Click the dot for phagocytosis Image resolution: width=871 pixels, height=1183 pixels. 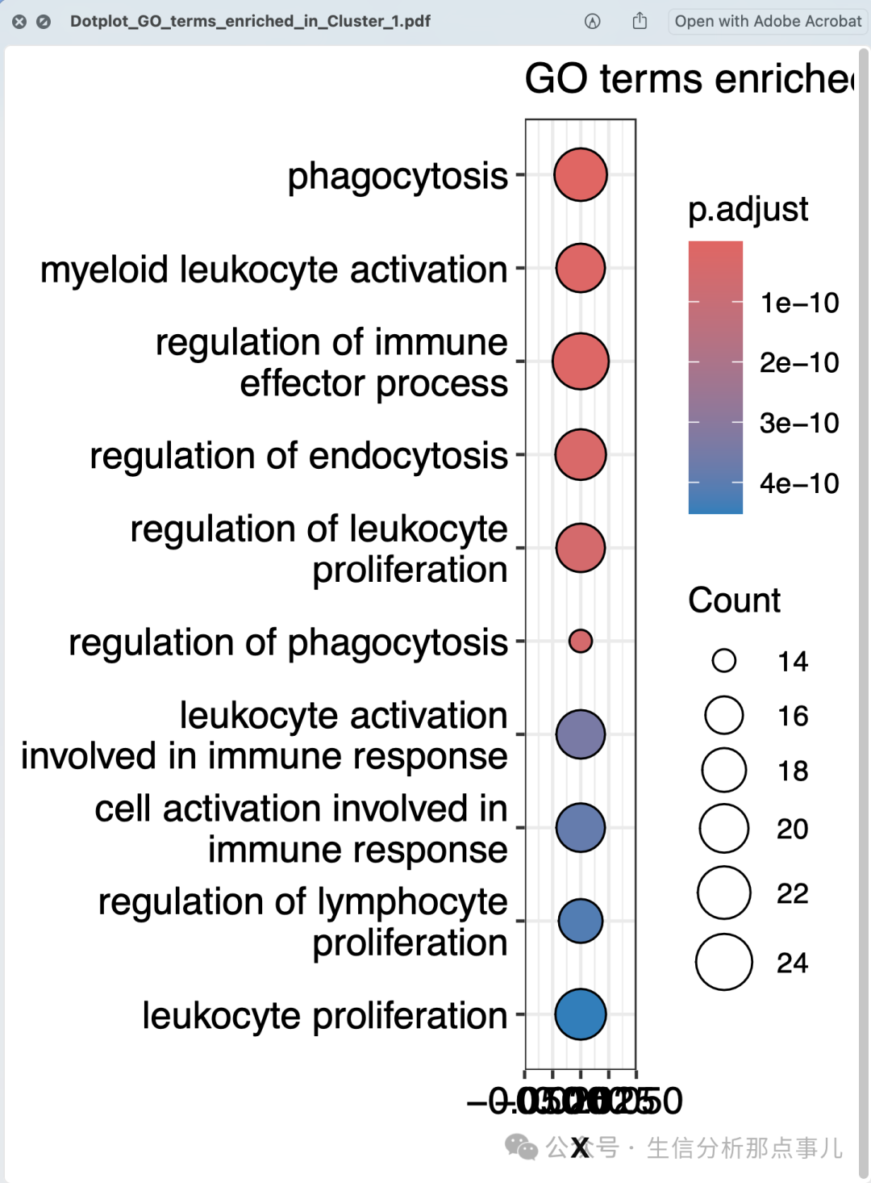[580, 174]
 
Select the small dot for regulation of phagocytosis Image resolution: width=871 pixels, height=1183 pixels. [580, 641]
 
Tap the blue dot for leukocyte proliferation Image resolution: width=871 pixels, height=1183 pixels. [580, 1014]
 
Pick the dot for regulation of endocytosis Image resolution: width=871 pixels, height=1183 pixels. [580, 454]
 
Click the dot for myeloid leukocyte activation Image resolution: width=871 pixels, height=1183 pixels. [580, 268]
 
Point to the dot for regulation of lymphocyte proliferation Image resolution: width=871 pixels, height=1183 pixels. [580, 921]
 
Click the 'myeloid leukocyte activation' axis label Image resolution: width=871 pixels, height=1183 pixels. [274, 270]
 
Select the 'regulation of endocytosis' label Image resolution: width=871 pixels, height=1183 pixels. [298, 456]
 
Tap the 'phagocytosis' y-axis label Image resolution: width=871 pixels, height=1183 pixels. [398, 176]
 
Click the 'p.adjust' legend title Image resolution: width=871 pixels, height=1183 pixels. [748, 209]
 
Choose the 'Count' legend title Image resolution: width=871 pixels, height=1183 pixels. [734, 600]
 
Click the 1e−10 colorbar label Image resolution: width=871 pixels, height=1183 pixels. [799, 303]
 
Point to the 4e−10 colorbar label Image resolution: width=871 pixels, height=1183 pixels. [799, 483]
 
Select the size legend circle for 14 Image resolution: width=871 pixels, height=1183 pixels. [723, 661]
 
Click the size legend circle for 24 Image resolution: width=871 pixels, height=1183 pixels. [723, 962]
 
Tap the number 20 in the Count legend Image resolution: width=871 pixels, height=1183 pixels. [792, 829]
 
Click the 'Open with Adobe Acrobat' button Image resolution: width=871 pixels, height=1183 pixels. [768, 21]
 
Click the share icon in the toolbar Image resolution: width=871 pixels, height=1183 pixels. [640, 21]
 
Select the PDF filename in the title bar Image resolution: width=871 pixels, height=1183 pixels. [250, 21]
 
